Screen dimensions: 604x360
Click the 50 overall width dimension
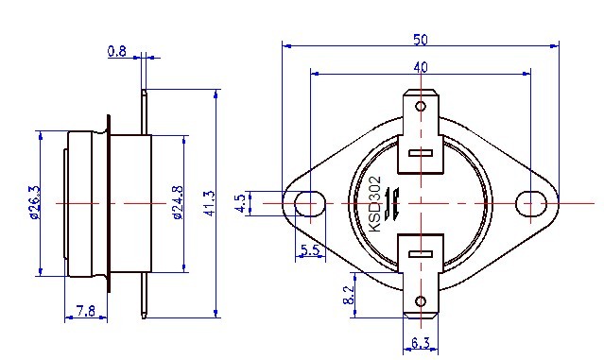[x=421, y=40]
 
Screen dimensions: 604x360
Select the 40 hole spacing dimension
[x=421, y=67]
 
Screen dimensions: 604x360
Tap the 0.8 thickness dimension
[x=116, y=51]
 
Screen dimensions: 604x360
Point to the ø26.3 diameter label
[x=34, y=202]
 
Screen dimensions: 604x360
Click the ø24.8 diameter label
[x=178, y=202]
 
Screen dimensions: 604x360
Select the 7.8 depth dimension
[x=85, y=310]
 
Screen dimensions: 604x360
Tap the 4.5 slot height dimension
[x=240, y=203]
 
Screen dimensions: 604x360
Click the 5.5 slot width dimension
[x=310, y=250]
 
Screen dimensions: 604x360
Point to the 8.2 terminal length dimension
[x=349, y=295]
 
